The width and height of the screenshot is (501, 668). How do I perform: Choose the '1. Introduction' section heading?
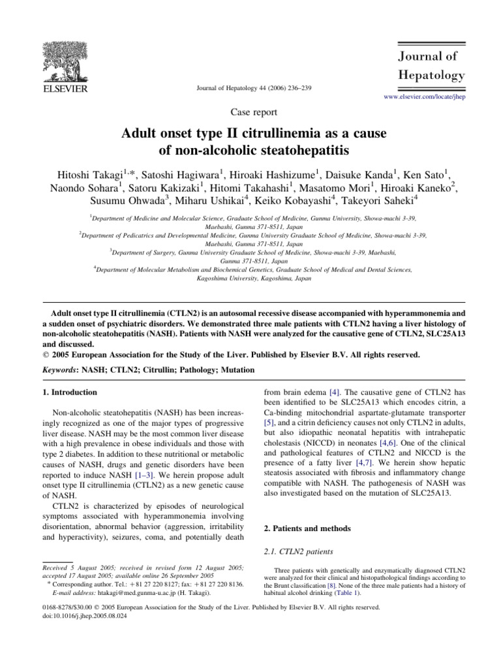pyautogui.click(x=70, y=393)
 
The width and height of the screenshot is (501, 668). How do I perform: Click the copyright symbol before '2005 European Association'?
pyautogui.click(x=44, y=355)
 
